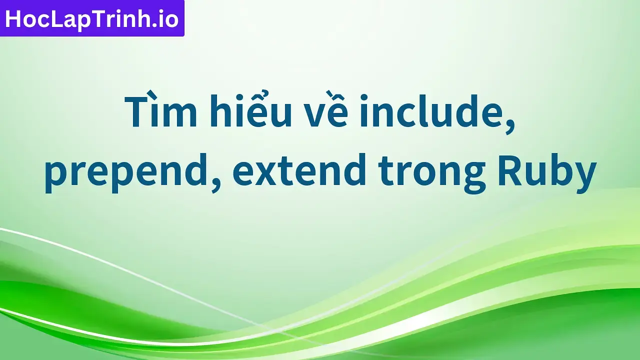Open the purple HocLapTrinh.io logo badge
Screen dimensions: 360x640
point(92,18)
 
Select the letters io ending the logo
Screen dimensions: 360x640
point(168,19)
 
